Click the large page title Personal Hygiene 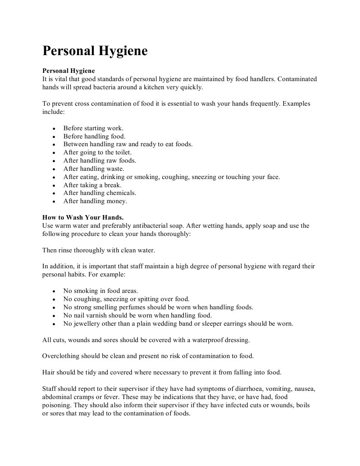(95, 51)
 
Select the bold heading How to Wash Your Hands (83, 217)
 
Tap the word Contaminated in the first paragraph (297, 79)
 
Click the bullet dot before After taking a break (54, 185)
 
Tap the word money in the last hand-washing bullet (117, 201)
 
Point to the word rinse (66, 250)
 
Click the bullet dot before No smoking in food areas (54, 291)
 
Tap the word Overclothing (61, 356)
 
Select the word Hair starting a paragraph (48, 372)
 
